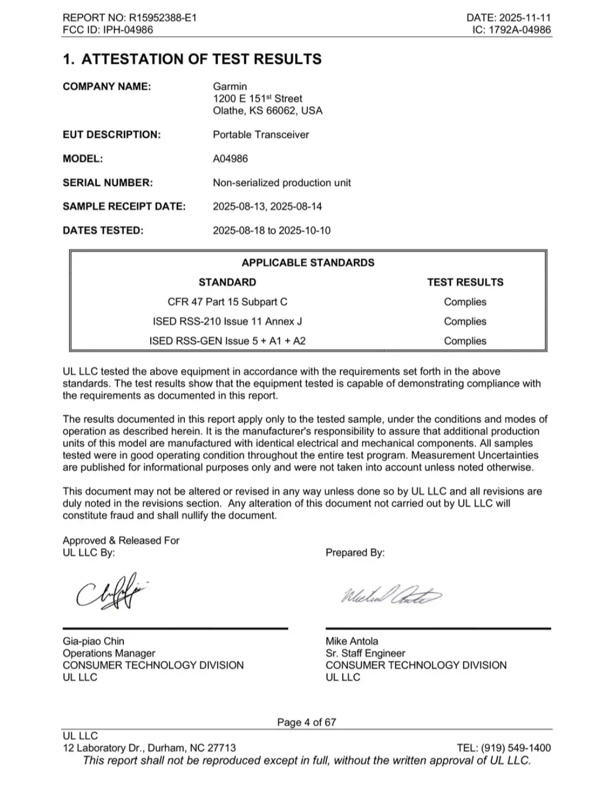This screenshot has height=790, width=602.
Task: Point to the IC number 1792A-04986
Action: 520,30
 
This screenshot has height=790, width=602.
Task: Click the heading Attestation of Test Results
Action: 192,59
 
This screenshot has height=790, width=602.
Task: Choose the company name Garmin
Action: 230,86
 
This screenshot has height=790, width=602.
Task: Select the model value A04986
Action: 230,159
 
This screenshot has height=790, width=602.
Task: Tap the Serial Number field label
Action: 108,183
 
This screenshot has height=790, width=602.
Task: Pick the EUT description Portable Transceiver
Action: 260,135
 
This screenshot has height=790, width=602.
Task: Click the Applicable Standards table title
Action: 308,263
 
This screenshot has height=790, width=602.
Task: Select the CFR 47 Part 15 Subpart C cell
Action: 228,302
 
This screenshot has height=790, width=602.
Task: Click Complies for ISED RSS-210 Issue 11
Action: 465,322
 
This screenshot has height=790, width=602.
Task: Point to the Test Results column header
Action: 465,282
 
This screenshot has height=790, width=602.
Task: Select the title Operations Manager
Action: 109,653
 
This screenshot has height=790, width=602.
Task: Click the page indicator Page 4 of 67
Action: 306,722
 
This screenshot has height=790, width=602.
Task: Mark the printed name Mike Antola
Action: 352,641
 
